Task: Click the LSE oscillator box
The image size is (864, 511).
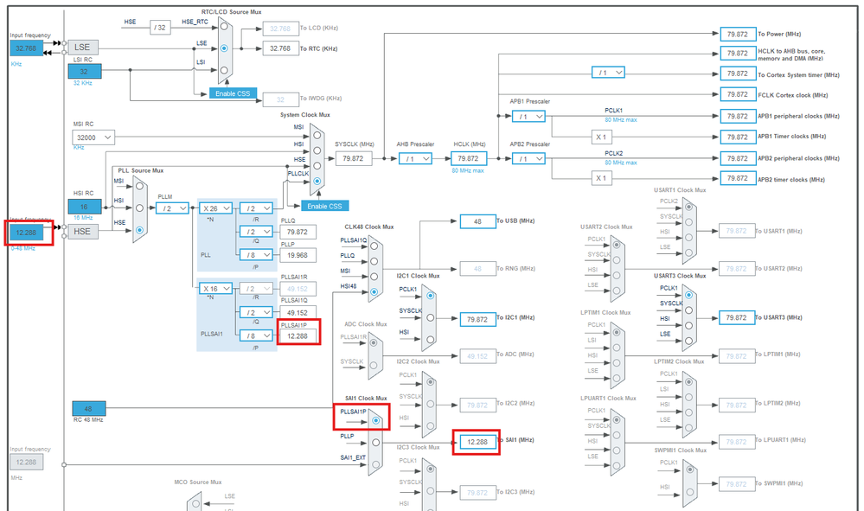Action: coord(83,48)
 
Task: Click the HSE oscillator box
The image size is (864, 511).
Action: coord(83,232)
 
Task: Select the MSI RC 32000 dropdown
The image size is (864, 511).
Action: coord(93,137)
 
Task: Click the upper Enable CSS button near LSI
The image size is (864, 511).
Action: coord(234,93)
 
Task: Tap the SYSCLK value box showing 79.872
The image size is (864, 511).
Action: coord(353,158)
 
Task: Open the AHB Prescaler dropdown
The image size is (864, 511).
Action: coord(415,158)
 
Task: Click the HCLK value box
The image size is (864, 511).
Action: coord(468,158)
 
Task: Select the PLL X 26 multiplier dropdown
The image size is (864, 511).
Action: coord(216,208)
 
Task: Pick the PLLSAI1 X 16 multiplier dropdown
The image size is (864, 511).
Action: coord(216,289)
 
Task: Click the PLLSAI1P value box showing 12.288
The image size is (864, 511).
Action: coord(298,335)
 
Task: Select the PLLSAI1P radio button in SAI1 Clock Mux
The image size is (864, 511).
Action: coord(375,421)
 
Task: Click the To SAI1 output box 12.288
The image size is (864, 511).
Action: coord(477,441)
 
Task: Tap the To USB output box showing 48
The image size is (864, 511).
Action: coord(477,221)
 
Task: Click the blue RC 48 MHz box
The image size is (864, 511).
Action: coord(87,408)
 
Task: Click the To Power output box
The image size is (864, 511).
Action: coord(737,34)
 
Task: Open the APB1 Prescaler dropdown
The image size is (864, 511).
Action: coord(528,116)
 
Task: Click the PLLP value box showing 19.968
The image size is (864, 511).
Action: coord(298,255)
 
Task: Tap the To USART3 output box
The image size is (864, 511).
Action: coord(737,317)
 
